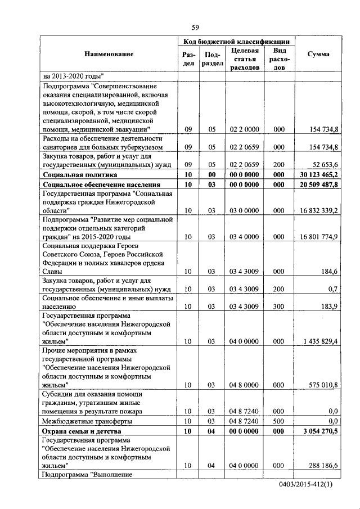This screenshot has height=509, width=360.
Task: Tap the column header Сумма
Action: [x=318, y=54]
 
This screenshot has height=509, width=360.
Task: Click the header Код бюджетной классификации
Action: [x=237, y=42]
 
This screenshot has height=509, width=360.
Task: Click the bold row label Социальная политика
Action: [x=79, y=175]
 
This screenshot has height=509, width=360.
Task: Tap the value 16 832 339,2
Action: [x=319, y=210]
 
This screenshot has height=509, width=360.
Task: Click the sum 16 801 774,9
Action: [x=319, y=237]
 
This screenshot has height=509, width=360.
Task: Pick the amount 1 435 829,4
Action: [x=320, y=341]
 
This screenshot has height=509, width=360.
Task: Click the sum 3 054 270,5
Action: [x=320, y=431]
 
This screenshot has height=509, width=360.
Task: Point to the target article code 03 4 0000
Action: [x=245, y=237]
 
